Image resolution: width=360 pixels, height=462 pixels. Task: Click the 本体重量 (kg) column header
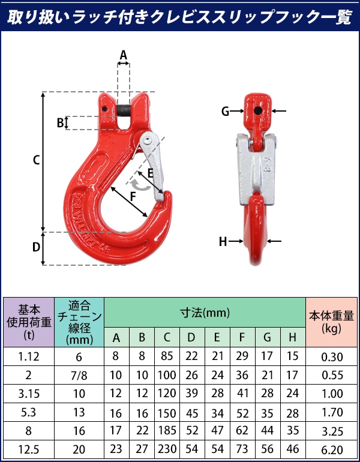click(x=331, y=322)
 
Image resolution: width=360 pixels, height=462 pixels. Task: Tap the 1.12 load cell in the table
click(x=29, y=356)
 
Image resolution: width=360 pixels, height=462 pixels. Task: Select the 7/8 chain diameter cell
click(x=79, y=375)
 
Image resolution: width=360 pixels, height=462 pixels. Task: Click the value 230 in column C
click(x=167, y=449)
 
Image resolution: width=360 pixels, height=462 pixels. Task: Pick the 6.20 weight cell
click(x=332, y=449)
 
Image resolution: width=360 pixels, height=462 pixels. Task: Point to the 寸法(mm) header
click(x=205, y=313)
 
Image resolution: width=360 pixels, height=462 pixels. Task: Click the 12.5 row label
click(x=29, y=449)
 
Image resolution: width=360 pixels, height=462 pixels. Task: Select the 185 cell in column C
click(x=167, y=430)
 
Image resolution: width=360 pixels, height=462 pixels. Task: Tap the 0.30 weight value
click(x=332, y=357)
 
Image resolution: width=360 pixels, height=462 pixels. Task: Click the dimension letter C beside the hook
click(x=36, y=160)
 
